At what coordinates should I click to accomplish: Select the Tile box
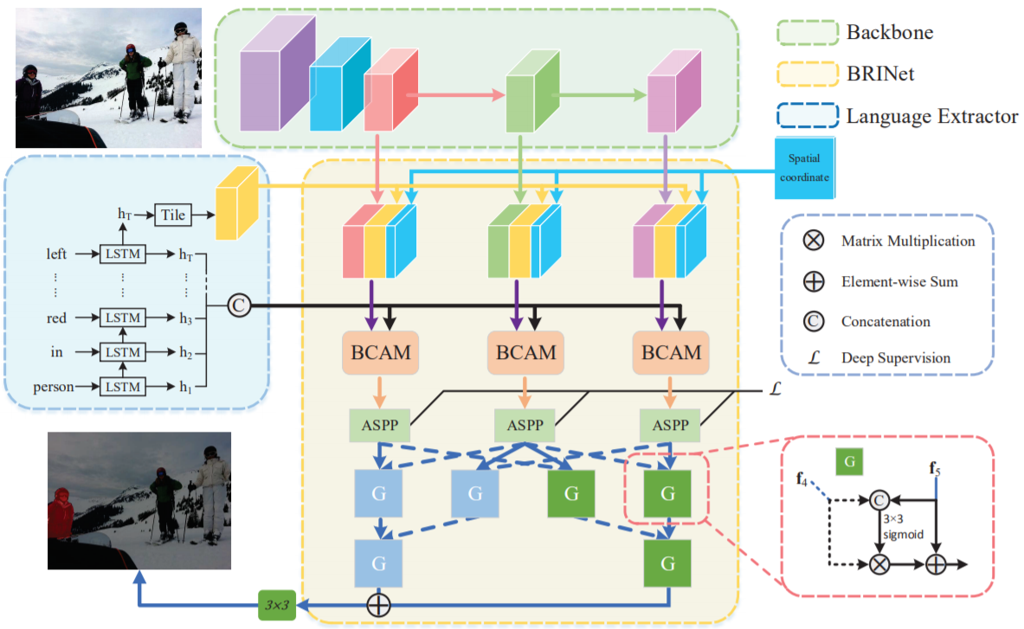pyautogui.click(x=174, y=215)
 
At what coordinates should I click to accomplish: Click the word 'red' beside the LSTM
pyautogui.click(x=57, y=318)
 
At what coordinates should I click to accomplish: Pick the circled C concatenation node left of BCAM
pyautogui.click(x=239, y=305)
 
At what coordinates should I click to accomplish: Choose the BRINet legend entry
pyautogui.click(x=880, y=74)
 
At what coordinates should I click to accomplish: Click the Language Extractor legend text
pyautogui.click(x=932, y=116)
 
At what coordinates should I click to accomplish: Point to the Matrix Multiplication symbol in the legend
pyautogui.click(x=813, y=241)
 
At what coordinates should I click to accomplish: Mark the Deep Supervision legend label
pyautogui.click(x=896, y=357)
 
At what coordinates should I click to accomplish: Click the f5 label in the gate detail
pyautogui.click(x=937, y=471)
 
